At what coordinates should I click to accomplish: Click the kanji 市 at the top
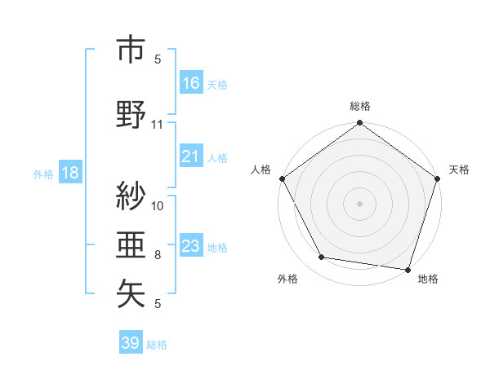[131, 51]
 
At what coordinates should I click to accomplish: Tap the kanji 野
[131, 113]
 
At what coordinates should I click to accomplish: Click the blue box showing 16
[191, 82]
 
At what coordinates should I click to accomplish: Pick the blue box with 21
[191, 156]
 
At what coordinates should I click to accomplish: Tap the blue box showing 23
[191, 246]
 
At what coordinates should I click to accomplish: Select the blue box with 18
[69, 172]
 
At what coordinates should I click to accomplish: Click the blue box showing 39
[131, 343]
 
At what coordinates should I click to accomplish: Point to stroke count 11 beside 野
[158, 125]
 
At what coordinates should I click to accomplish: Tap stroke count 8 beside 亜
[158, 255]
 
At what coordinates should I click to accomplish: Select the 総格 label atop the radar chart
[359, 106]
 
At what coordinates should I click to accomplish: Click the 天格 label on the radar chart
[459, 169]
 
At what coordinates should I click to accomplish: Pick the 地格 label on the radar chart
[428, 280]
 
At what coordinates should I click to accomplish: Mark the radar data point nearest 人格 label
[282, 178]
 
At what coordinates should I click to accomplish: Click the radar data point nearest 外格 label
[322, 258]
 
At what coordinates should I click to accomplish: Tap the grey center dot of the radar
[359, 203]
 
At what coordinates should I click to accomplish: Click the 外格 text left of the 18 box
[43, 173]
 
